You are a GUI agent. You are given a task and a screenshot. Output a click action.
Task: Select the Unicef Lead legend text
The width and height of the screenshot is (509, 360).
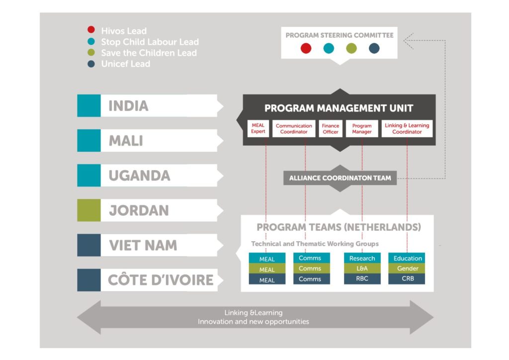point(125,64)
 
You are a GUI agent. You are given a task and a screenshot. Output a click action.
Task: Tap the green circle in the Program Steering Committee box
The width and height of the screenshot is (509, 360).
point(351,48)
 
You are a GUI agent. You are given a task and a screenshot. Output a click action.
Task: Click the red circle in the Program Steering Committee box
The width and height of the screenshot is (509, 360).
point(306,48)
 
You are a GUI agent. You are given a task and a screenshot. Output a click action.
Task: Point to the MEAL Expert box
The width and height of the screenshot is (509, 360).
point(258,129)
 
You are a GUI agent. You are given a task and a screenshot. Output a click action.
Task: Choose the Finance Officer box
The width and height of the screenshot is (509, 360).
point(330,129)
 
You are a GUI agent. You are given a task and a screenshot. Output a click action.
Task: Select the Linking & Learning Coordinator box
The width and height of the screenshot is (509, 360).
point(407,129)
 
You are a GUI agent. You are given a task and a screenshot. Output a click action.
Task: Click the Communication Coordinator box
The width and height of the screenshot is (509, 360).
point(294,129)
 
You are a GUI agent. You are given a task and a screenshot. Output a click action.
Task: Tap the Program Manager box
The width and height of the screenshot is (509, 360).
point(362,129)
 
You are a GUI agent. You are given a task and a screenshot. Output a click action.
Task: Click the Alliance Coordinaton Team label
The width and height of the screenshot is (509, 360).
point(340,178)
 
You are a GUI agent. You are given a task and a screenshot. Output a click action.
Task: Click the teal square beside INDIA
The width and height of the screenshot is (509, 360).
point(89,106)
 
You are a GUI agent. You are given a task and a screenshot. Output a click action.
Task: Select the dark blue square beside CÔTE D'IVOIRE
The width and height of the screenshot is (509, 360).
point(89,280)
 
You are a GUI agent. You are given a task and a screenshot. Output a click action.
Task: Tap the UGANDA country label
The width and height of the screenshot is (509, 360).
point(139,176)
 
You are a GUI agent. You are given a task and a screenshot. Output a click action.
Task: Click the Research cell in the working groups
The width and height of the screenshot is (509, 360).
point(362,258)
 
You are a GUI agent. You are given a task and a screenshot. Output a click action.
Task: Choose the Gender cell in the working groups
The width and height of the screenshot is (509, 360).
point(407,269)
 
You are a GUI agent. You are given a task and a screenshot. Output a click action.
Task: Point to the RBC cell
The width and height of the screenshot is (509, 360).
point(362,279)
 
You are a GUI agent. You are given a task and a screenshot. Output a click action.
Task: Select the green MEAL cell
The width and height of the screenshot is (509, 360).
point(267,270)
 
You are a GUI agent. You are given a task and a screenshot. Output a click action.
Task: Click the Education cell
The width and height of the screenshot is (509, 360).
point(407,258)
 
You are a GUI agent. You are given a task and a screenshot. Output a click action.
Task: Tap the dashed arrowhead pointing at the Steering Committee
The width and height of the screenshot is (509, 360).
point(408,41)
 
